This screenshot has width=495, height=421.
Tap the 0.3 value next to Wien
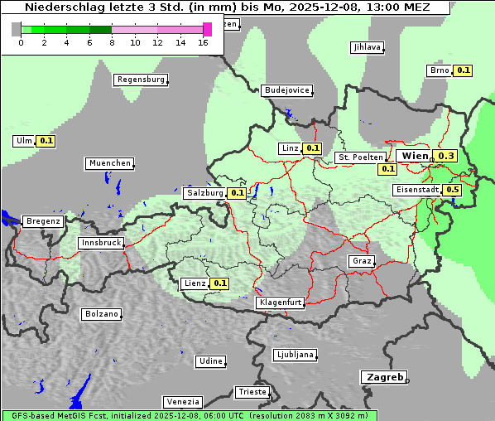pos(446,156)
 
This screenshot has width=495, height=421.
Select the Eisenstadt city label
pos(417,190)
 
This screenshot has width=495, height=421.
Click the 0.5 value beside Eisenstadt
pos(452,190)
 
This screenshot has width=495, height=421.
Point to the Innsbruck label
pos(100,243)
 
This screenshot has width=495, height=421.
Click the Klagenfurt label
pos(280,302)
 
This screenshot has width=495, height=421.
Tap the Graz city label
pos(361,261)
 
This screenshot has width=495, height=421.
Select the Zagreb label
pos(383,377)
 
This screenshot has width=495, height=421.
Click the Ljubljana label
pos(294,355)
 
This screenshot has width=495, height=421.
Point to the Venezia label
pos(182,401)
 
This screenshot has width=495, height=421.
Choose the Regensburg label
pos(140,80)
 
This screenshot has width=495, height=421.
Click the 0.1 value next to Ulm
pos(46,141)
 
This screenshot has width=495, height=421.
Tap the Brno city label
pos(439,70)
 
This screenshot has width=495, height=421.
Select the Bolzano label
pos(101,314)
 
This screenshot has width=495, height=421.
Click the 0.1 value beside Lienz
pos(219,283)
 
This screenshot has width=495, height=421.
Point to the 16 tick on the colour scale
pos(204,42)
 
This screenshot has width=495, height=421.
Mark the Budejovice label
pos(286,90)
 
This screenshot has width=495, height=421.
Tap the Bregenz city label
pos(43,221)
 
